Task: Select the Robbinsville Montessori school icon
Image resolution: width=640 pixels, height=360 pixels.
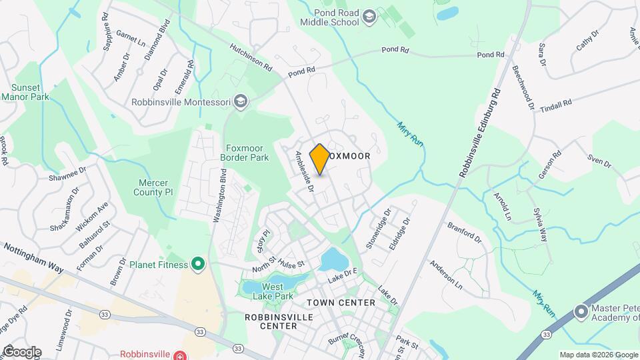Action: click(x=240, y=102)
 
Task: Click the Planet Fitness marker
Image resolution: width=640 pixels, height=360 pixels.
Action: click(x=197, y=265)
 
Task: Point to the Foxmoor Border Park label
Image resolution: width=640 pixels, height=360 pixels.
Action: click(x=244, y=153)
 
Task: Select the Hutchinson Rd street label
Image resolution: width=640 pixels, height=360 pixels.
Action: click(x=251, y=58)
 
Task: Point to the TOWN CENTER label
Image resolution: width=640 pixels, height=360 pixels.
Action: click(x=341, y=303)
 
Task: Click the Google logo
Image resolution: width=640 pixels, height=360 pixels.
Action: click(x=22, y=351)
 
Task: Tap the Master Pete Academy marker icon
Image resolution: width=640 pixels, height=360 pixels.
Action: click(x=581, y=311)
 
